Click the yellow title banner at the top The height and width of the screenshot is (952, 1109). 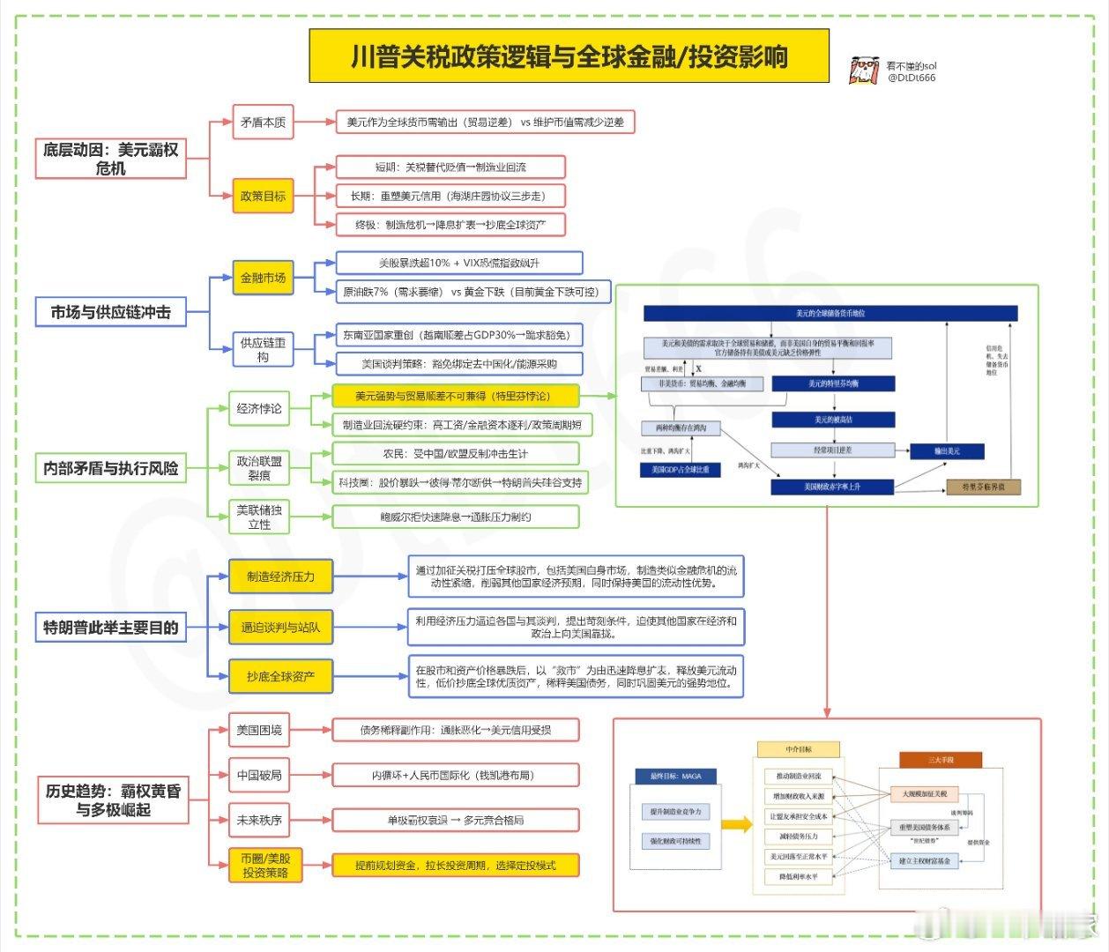pyautogui.click(x=569, y=56)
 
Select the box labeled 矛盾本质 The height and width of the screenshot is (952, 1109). pyautogui.click(x=263, y=123)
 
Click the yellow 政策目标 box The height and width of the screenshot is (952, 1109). pyautogui.click(x=263, y=196)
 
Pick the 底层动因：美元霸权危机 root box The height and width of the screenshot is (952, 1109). pyautogui.click(x=110, y=159)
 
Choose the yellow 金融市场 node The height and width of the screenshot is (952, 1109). pyautogui.click(x=263, y=278)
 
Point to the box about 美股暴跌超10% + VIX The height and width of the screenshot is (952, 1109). pyautogui.click(x=458, y=263)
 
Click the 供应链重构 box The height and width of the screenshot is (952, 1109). pyautogui.click(x=263, y=349)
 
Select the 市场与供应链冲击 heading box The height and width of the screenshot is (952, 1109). pyautogui.click(x=110, y=312)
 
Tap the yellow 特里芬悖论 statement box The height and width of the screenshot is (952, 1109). pyautogui.click(x=455, y=396)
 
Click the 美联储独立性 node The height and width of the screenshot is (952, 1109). pyautogui.click(x=259, y=517)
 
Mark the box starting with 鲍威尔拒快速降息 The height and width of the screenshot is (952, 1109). pyautogui.click(x=455, y=517)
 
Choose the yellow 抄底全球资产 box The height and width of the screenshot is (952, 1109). pyautogui.click(x=280, y=676)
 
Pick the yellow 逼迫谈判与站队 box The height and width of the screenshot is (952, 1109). pyautogui.click(x=280, y=627)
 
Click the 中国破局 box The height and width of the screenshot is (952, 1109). pyautogui.click(x=259, y=775)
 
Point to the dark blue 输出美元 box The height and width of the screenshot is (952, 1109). pyautogui.click(x=947, y=451)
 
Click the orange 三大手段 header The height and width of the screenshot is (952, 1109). pyautogui.click(x=941, y=760)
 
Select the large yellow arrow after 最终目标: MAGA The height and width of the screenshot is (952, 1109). pyautogui.click(x=735, y=825)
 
